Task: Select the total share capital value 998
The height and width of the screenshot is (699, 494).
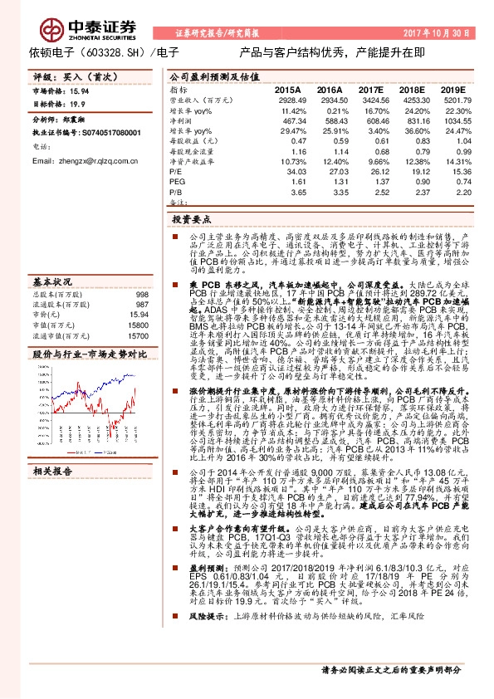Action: coord(141,295)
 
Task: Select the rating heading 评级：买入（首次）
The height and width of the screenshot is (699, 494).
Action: coord(66,75)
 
